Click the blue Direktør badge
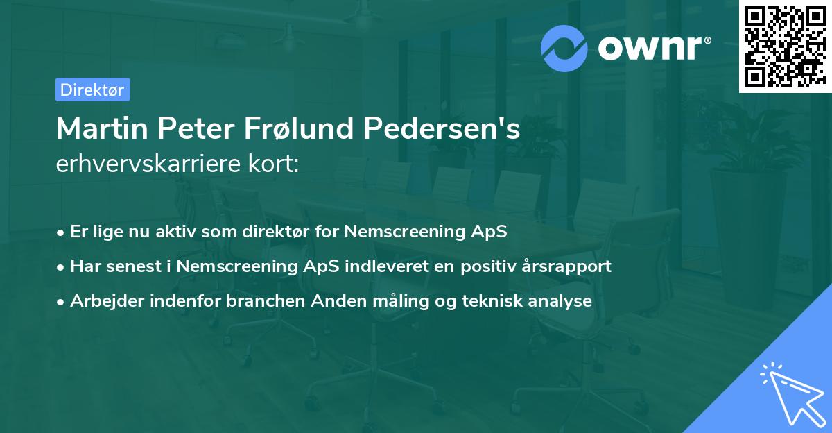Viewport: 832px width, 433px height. point(92,90)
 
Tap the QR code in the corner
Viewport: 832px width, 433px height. point(785,46)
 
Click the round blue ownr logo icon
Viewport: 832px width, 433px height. point(564,48)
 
